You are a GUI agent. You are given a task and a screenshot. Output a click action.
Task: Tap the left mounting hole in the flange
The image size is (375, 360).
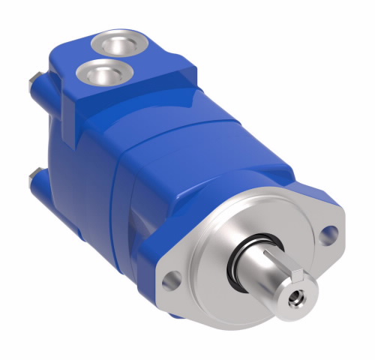coord(170,280)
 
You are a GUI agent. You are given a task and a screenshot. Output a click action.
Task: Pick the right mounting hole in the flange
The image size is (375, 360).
coord(326,233)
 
